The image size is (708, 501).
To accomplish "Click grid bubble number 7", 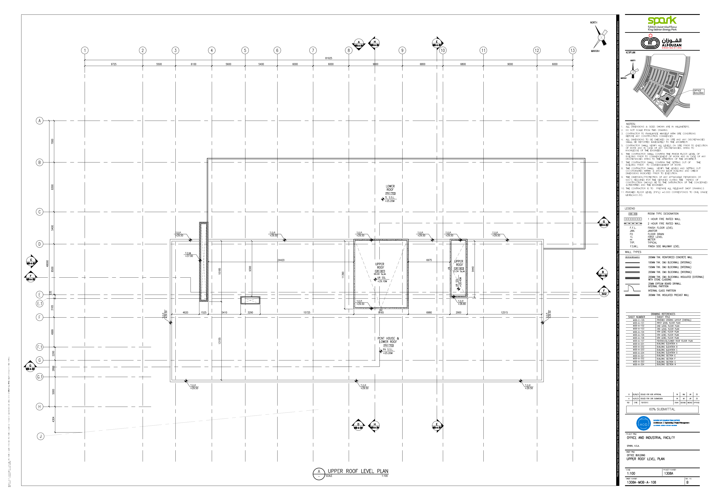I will [313, 50].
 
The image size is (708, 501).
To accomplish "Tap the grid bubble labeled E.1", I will [39, 303].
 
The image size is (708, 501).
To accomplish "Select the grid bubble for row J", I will [40, 436].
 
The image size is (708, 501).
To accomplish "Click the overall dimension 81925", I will [329, 58].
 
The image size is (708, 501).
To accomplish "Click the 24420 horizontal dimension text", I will [281, 260].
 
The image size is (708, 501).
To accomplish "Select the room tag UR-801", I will [380, 271].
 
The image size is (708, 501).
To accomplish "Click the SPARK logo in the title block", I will [662, 21].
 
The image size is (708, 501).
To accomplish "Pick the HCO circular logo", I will [643, 424].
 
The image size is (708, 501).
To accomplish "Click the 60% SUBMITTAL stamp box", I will [662, 409].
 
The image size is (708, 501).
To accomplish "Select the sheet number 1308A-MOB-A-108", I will [641, 482].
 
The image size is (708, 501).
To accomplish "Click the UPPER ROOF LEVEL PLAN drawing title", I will [358, 471].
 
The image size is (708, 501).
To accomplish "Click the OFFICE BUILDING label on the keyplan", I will [698, 92].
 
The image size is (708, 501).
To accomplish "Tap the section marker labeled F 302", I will [604, 292].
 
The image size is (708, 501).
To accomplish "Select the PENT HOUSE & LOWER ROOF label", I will [388, 340].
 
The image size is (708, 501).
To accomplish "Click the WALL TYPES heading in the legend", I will [633, 252].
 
